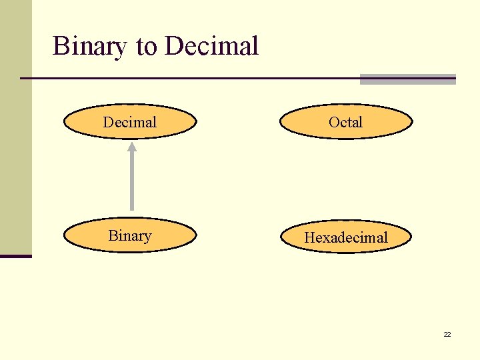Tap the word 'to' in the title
(146, 47)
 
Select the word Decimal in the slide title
(211, 47)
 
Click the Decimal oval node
(130, 122)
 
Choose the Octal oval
(345, 122)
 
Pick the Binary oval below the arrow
(130, 236)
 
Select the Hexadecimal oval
(345, 237)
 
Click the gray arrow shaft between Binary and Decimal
(131, 183)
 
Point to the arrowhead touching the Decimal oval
(131, 146)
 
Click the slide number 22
(447, 334)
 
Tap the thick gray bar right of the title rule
(407, 79)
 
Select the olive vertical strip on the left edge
(15, 127)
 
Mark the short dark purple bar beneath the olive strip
(15, 256)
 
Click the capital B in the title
(61, 47)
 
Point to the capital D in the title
(173, 47)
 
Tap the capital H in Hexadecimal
(310, 237)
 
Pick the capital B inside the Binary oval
(113, 236)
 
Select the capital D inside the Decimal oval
(108, 122)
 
